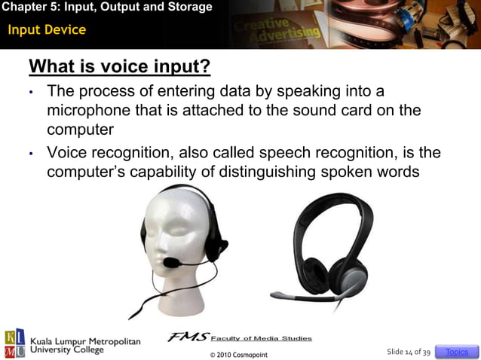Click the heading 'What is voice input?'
119,67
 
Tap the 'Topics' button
457,352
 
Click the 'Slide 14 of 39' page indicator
408,352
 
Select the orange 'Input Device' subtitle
47,30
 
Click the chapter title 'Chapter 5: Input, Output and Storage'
106,8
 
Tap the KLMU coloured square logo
14,343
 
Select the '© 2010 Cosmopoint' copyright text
238,354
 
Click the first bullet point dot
32,93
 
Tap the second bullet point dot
32,154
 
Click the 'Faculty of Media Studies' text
261,338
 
